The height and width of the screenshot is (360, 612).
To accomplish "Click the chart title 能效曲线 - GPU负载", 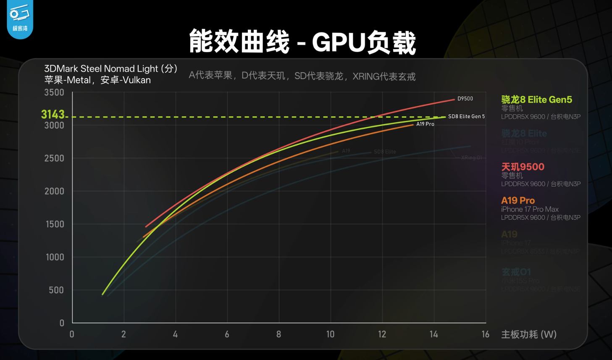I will point(302,42).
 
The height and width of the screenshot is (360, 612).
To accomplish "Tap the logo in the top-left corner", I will point(20,19).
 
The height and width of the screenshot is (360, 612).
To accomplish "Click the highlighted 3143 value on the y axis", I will point(53,114).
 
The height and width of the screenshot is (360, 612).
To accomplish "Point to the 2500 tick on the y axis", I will point(54,158).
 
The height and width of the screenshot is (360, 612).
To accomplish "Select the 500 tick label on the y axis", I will point(56,290).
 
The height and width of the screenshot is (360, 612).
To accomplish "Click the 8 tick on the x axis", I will point(278,334).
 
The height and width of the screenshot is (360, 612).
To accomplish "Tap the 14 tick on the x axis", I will point(433,334).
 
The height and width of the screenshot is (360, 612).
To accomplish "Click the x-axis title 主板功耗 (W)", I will point(529,334).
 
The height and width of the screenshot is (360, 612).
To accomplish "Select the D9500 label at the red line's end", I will point(465,99).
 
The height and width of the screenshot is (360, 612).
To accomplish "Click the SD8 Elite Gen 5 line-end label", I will point(466,116).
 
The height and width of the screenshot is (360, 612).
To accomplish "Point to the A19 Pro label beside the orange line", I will point(425,124).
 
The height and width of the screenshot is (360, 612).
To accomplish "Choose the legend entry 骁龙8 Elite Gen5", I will point(536,100).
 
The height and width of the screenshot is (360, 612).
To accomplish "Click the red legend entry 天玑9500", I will point(523,167).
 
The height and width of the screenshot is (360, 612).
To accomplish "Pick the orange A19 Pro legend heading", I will point(518,200).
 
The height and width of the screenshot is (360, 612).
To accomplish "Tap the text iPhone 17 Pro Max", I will point(530,209).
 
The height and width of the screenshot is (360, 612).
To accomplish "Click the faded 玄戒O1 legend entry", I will point(516,272).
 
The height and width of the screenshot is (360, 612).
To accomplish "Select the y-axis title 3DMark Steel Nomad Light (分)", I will point(111,68).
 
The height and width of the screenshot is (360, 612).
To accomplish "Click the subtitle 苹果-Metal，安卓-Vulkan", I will point(97,80).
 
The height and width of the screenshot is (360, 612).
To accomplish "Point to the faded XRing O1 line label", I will point(471,158).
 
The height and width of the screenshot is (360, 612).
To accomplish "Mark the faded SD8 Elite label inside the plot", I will point(385,152).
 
